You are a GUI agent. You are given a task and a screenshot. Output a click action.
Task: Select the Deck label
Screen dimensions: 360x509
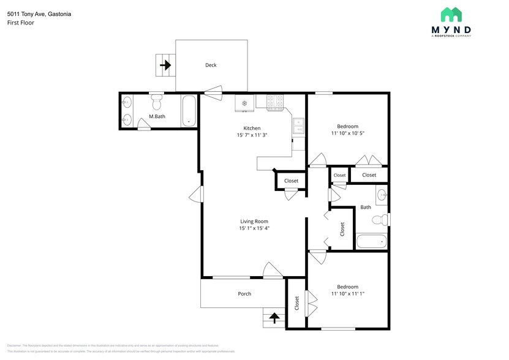[x=211, y=65]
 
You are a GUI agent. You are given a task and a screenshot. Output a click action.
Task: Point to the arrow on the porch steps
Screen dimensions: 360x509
[x=274, y=318]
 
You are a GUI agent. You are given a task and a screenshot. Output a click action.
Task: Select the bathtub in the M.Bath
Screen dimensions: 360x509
[x=189, y=111]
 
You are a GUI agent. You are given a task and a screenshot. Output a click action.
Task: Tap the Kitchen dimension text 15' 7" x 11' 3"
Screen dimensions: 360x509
[x=252, y=135]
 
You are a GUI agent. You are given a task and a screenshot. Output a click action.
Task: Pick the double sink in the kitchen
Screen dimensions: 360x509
[x=299, y=126]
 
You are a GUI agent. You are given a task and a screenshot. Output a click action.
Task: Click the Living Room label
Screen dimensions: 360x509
[x=254, y=221]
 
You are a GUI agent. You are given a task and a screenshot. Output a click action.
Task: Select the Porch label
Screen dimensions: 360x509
[x=244, y=294]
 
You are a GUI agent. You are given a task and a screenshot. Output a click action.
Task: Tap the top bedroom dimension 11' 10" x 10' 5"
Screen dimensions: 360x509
[x=347, y=133]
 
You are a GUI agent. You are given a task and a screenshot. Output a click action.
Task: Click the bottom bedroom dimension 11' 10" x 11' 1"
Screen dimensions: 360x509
[x=347, y=293]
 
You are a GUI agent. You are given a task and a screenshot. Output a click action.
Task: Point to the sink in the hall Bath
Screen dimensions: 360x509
[x=382, y=195]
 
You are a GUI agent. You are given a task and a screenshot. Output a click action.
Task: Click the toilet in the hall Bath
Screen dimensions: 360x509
[x=382, y=220]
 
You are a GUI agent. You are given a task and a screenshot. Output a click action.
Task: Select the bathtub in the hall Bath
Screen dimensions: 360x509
[x=372, y=241]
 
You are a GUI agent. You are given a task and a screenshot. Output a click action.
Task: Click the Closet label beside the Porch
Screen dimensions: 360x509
[x=297, y=302]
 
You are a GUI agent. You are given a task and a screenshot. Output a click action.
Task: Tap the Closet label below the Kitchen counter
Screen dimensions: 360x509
[x=291, y=181]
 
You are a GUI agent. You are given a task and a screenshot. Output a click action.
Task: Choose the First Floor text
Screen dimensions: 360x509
[x=21, y=23]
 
